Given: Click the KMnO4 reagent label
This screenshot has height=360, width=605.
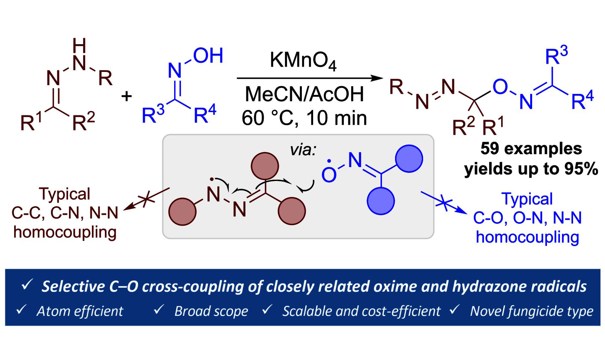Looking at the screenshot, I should click(303, 60).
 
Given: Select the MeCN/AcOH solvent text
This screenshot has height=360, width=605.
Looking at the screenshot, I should click(304, 94).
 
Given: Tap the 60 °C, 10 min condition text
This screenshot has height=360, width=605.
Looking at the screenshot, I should click(304, 118).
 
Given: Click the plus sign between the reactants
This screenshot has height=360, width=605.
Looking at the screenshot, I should click(127, 96).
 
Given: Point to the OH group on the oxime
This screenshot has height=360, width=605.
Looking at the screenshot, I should click(208, 55).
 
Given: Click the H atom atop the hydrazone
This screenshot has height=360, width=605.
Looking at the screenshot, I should click(79, 45).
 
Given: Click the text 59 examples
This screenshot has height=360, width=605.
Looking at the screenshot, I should click(531, 149).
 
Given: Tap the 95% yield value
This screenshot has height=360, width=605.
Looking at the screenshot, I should click(581, 169).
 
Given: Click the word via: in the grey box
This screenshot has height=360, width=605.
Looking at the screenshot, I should click(302, 150).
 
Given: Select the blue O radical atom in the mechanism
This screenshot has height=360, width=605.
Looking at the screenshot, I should click(329, 175).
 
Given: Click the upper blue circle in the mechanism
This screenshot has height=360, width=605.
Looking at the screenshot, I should click(409, 159).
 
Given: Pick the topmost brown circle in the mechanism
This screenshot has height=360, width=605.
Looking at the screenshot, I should click(265, 166).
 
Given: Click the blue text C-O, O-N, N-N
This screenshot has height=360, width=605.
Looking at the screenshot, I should click(527, 218).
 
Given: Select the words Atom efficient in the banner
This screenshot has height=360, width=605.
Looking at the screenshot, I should click(80, 311).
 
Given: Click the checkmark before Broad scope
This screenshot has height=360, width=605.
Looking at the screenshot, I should click(159, 310).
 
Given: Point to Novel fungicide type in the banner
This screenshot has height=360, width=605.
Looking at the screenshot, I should click(531, 311).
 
